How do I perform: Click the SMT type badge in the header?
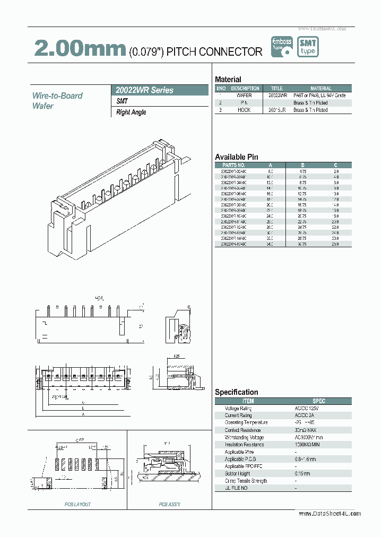pyautogui.click(x=308, y=47)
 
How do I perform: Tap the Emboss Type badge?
pyautogui.click(x=282, y=47)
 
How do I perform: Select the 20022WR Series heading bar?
pyautogui.click(x=162, y=90)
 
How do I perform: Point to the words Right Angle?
pyautogui.click(x=131, y=112)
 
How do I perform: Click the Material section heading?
pyautogui.click(x=228, y=80)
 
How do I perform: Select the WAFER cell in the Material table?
pyautogui.click(x=245, y=96)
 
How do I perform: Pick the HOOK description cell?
pyautogui.click(x=245, y=110)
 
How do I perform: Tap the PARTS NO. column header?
pyautogui.click(x=233, y=165)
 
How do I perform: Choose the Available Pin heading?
pyautogui.click(x=236, y=157)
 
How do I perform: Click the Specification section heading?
pyautogui.click(x=236, y=392)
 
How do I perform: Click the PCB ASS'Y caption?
pyautogui.click(x=169, y=504)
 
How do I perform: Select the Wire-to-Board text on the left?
pyautogui.click(x=57, y=96)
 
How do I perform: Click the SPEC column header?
pyautogui.click(x=318, y=401)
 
